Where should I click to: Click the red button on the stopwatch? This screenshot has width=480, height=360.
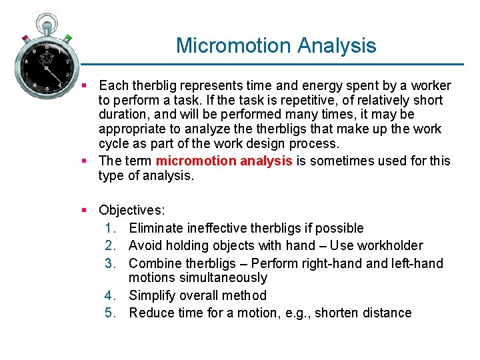pyautogui.click(x=25, y=38)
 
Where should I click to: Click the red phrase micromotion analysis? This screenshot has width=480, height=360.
pyautogui.click(x=223, y=161)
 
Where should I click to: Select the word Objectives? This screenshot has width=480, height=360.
pyautogui.click(x=131, y=211)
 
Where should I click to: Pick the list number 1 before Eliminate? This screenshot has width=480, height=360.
pyautogui.click(x=111, y=228)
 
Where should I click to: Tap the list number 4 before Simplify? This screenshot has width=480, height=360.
pyautogui.click(x=111, y=295)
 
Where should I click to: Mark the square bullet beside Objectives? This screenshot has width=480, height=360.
pyautogui.click(x=85, y=211)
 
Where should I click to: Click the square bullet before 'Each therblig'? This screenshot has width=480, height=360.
pyautogui.click(x=85, y=85)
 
